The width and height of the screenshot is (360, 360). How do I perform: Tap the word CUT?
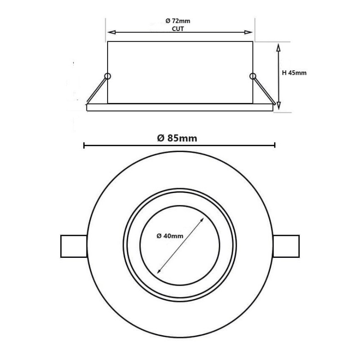[x=179, y=28]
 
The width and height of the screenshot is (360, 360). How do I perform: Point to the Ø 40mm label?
[x=170, y=236]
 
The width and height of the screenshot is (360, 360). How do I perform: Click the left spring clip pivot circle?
[x=107, y=76]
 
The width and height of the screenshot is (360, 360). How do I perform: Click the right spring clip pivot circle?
[x=252, y=76]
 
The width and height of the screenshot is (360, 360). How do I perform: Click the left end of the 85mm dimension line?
[x=84, y=145]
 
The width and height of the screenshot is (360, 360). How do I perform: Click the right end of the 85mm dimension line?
[x=274, y=145]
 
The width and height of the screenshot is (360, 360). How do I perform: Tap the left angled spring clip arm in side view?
[x=97, y=90]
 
